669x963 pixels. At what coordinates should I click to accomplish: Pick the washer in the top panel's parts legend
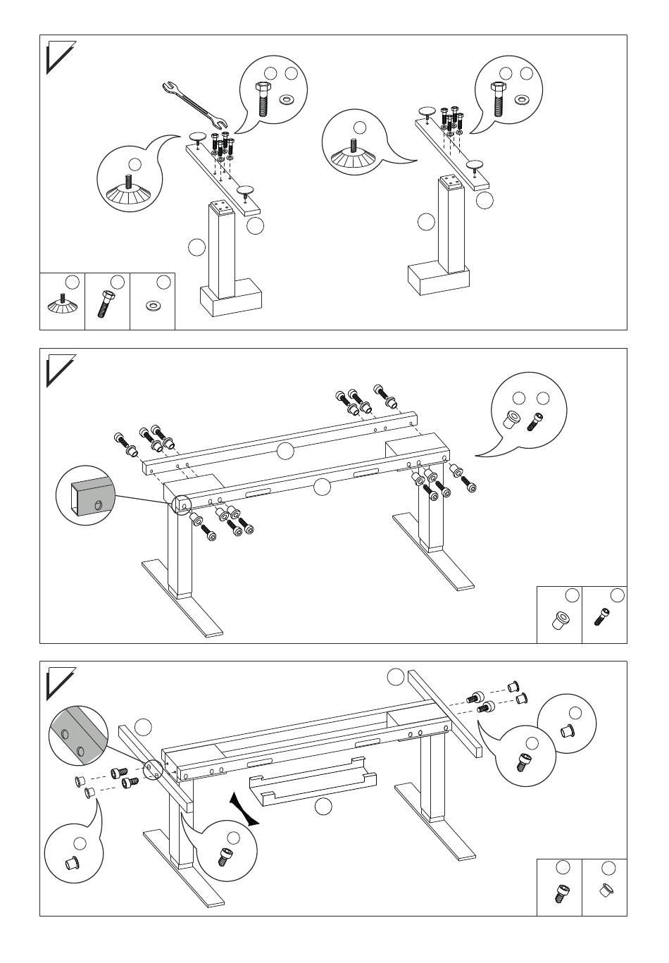(152, 306)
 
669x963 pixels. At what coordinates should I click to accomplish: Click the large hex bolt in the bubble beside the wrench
(262, 99)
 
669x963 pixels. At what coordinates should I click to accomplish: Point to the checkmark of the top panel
(58, 58)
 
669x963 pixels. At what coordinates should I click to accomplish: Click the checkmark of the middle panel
(58, 371)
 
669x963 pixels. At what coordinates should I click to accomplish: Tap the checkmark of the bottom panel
(58, 684)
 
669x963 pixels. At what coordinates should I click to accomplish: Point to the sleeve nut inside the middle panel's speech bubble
(512, 421)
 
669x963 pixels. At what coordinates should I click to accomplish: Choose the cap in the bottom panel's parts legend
(605, 891)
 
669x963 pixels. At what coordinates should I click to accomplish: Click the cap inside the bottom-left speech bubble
(71, 862)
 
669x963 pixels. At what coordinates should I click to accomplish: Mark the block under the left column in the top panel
(232, 297)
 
